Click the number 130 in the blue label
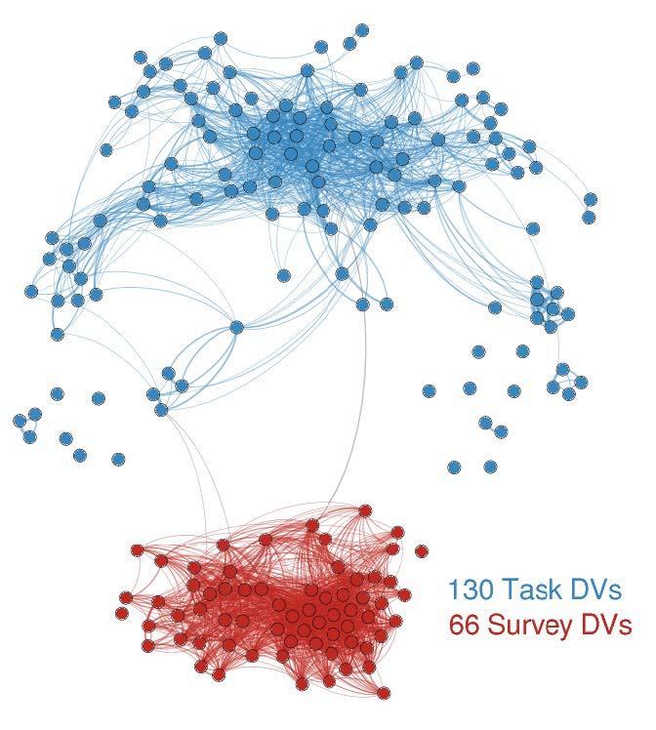(475, 589)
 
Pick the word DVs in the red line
(607, 625)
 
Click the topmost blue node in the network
(362, 30)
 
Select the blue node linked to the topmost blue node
(349, 43)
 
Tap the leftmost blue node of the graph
(20, 421)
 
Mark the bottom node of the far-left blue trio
(29, 437)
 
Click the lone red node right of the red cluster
(421, 551)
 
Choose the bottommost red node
(385, 693)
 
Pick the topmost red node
(365, 510)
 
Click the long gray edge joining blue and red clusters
(364, 410)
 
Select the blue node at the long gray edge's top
(363, 304)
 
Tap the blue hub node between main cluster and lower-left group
(236, 328)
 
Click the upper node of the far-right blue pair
(590, 199)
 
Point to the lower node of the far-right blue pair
(589, 217)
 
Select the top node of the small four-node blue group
(562, 369)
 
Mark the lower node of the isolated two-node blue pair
(501, 431)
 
